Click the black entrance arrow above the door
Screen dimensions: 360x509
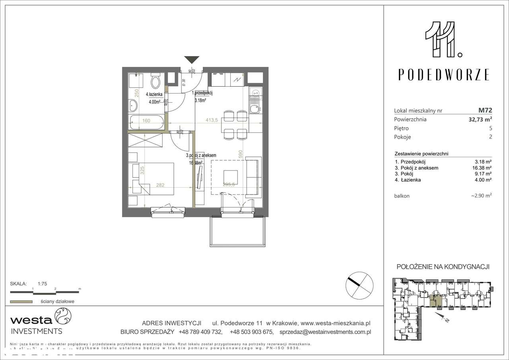(192, 60)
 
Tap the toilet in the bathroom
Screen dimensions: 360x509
(155, 82)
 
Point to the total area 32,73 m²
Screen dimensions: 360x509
(479, 119)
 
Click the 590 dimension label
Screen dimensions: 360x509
(240, 154)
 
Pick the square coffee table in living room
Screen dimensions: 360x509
(231, 176)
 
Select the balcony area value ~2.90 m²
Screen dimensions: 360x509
(481, 196)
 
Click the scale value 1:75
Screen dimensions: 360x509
(43, 284)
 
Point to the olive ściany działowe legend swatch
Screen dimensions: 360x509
(21, 302)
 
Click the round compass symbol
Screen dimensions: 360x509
(359, 285)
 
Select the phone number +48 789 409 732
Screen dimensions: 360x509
(201, 331)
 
